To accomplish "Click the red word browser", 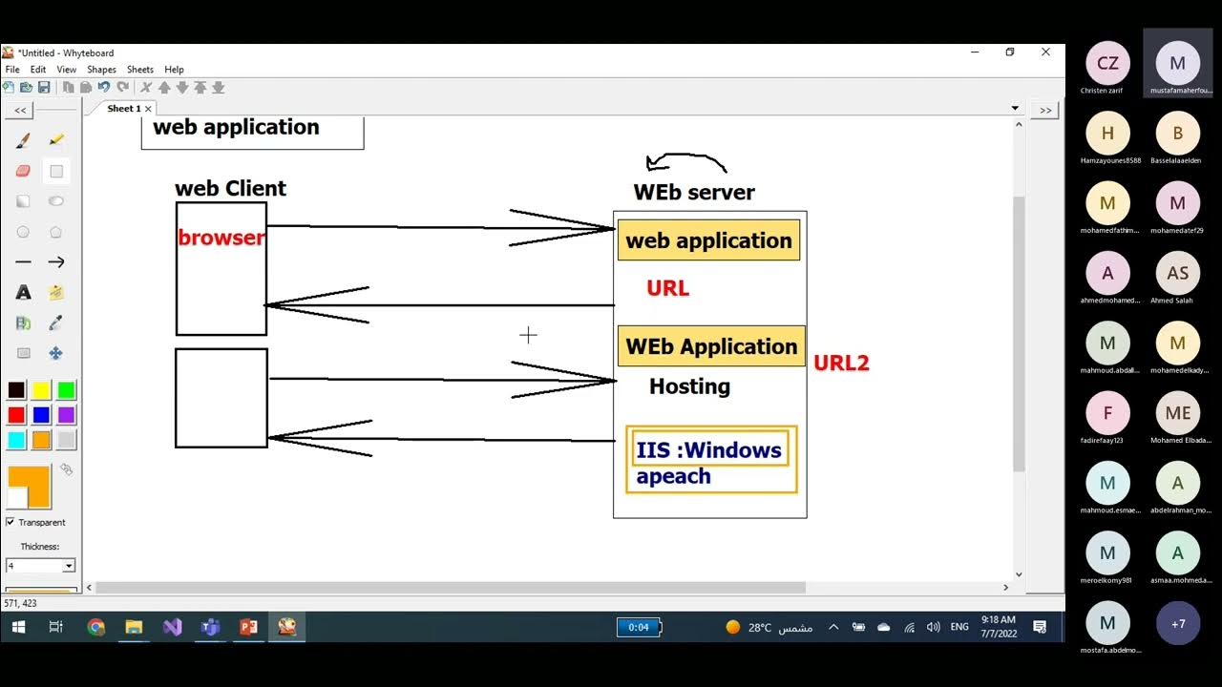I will click(x=221, y=238).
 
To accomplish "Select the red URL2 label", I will click(x=841, y=363).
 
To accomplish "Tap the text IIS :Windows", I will click(x=708, y=450).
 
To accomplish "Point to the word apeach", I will click(x=673, y=476).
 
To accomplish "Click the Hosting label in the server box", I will click(x=689, y=386).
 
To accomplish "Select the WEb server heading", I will click(x=694, y=192).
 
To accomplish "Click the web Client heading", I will click(x=230, y=188).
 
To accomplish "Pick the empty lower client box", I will click(x=221, y=398).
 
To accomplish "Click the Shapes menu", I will click(x=101, y=70).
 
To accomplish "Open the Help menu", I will click(x=174, y=70).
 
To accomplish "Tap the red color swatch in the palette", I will click(x=16, y=415).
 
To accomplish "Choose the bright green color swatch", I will click(x=66, y=390).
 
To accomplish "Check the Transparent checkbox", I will click(x=11, y=522).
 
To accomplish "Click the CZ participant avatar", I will click(x=1107, y=64).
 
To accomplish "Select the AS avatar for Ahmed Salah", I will click(x=1177, y=274).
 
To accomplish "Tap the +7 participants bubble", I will click(x=1177, y=624).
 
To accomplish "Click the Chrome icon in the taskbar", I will click(x=95, y=627).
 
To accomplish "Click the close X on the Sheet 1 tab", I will click(x=148, y=109).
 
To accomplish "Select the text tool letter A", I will click(x=24, y=292).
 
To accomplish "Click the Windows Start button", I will click(x=17, y=627).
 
